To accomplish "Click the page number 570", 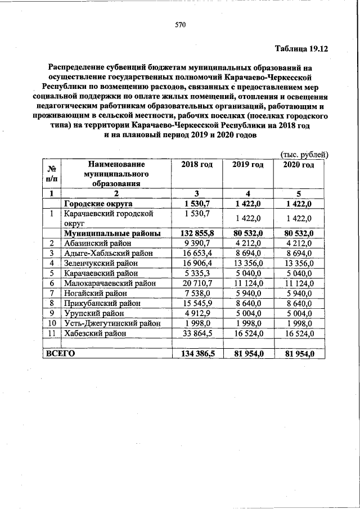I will (x=180, y=25).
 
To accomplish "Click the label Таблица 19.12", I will (x=300, y=48).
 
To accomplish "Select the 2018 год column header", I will (x=197, y=165).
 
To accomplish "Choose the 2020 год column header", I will (x=299, y=165).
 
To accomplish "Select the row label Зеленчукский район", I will (x=103, y=263).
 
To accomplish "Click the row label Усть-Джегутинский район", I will (x=112, y=323).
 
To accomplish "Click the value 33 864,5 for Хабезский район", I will (x=197, y=334).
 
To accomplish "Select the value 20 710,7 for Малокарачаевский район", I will (x=197, y=283).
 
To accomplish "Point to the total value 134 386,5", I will (x=197, y=354).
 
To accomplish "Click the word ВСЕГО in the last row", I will (x=60, y=354).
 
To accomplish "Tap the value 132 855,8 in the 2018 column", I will (x=197, y=233).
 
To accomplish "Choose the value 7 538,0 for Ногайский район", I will (x=197, y=293).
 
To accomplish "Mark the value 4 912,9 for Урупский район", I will (x=197, y=313).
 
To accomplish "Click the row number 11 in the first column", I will (x=51, y=334).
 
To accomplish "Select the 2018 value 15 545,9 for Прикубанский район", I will (x=197, y=303).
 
